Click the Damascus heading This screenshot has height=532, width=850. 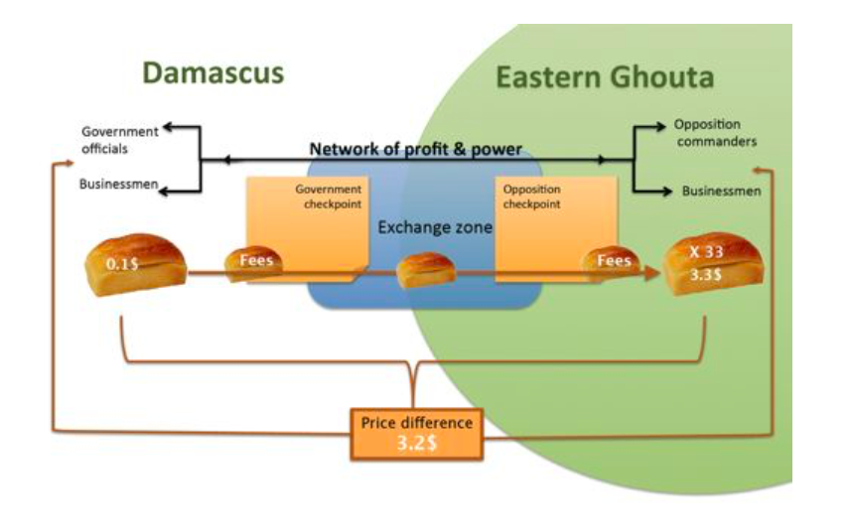click(212, 72)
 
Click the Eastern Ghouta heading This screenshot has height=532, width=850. click(605, 77)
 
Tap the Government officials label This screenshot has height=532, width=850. click(119, 141)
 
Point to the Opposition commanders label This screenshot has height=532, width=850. click(715, 133)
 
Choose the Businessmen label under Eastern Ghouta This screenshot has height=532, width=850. click(722, 191)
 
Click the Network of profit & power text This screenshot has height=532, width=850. click(416, 150)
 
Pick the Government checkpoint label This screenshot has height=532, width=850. click(329, 197)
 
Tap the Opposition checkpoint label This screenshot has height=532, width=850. click(532, 197)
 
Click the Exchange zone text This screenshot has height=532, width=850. click(435, 228)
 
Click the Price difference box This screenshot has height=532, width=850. click(416, 433)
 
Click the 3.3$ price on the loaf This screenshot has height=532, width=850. click(707, 276)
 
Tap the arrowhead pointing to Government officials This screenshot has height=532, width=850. click(168, 127)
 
